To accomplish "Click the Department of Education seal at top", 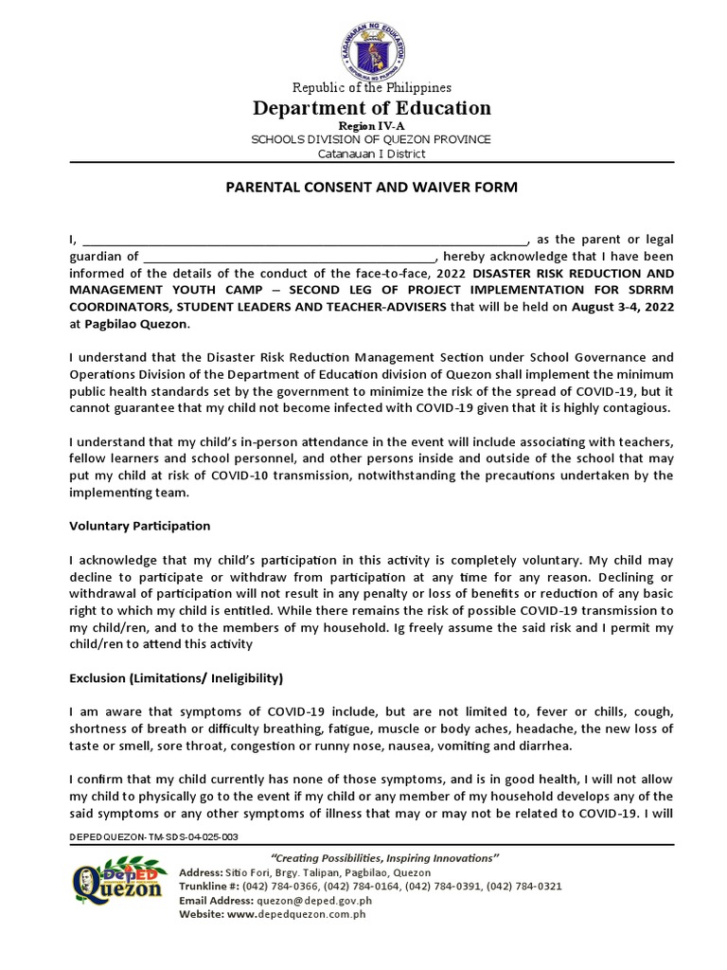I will pyautogui.click(x=371, y=45).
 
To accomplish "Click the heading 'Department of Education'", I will pyautogui.click(x=371, y=108).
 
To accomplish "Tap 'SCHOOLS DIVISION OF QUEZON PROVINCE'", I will pyautogui.click(x=371, y=139).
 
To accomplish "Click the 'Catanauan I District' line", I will pyautogui.click(x=371, y=153).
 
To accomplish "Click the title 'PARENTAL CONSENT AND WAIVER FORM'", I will pyautogui.click(x=371, y=188).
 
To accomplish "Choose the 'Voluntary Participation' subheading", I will pyautogui.click(x=140, y=526).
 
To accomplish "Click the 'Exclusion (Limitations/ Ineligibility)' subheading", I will pyautogui.click(x=176, y=678).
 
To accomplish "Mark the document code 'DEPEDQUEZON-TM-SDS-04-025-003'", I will pyautogui.click(x=154, y=837).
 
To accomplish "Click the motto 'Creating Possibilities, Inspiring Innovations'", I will pyautogui.click(x=372, y=857).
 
